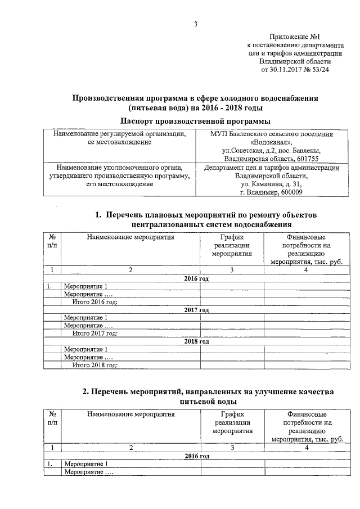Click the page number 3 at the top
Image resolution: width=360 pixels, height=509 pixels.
(x=196, y=24)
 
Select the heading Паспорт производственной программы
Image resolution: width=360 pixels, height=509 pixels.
(x=196, y=121)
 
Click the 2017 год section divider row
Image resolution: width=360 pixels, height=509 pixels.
(x=196, y=310)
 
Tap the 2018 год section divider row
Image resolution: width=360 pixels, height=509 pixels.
(x=196, y=341)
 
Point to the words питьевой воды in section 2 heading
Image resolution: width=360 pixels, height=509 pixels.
(x=208, y=402)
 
